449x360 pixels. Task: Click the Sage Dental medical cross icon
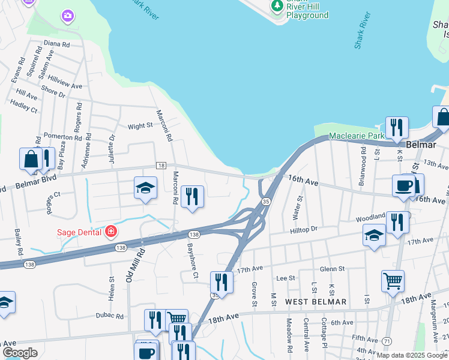(x=110, y=231)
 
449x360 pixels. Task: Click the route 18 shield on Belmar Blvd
(x=160, y=165)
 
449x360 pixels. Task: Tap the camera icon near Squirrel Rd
(x=68, y=15)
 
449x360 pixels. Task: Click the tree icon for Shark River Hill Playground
(x=277, y=6)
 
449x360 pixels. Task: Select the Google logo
(x=20, y=353)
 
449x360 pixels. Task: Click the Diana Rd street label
(x=57, y=44)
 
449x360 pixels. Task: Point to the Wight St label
(x=140, y=127)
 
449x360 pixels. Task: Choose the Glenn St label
(x=333, y=269)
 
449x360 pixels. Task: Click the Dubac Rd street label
(x=109, y=316)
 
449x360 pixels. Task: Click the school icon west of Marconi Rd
(x=145, y=188)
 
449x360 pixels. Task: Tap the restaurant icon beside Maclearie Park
(x=396, y=127)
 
